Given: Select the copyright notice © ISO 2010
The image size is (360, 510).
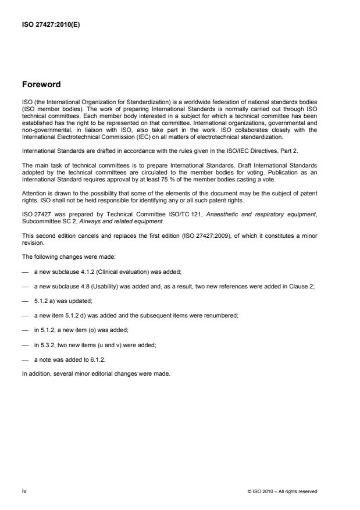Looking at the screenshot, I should click(281, 491).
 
